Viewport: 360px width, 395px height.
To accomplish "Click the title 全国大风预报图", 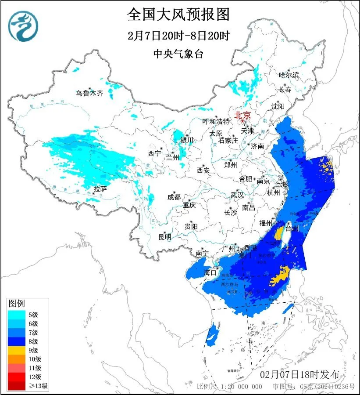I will click(178, 14).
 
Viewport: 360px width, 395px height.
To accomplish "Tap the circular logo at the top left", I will click(23, 25).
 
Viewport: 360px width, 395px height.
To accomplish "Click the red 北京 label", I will click(242, 115).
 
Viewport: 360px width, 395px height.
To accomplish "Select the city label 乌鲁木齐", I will click(89, 93).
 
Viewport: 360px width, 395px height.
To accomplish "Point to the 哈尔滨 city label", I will click(289, 75).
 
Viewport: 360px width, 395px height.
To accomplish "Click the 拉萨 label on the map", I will click(100, 189).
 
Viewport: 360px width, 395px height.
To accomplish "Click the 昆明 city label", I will click(164, 237).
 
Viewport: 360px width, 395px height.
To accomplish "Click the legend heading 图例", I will click(17, 303).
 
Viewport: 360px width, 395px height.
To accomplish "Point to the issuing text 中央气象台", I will click(178, 54).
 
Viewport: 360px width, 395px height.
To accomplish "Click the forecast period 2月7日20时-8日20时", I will click(178, 35).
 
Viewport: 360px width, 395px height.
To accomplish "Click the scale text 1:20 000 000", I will click(241, 387).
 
